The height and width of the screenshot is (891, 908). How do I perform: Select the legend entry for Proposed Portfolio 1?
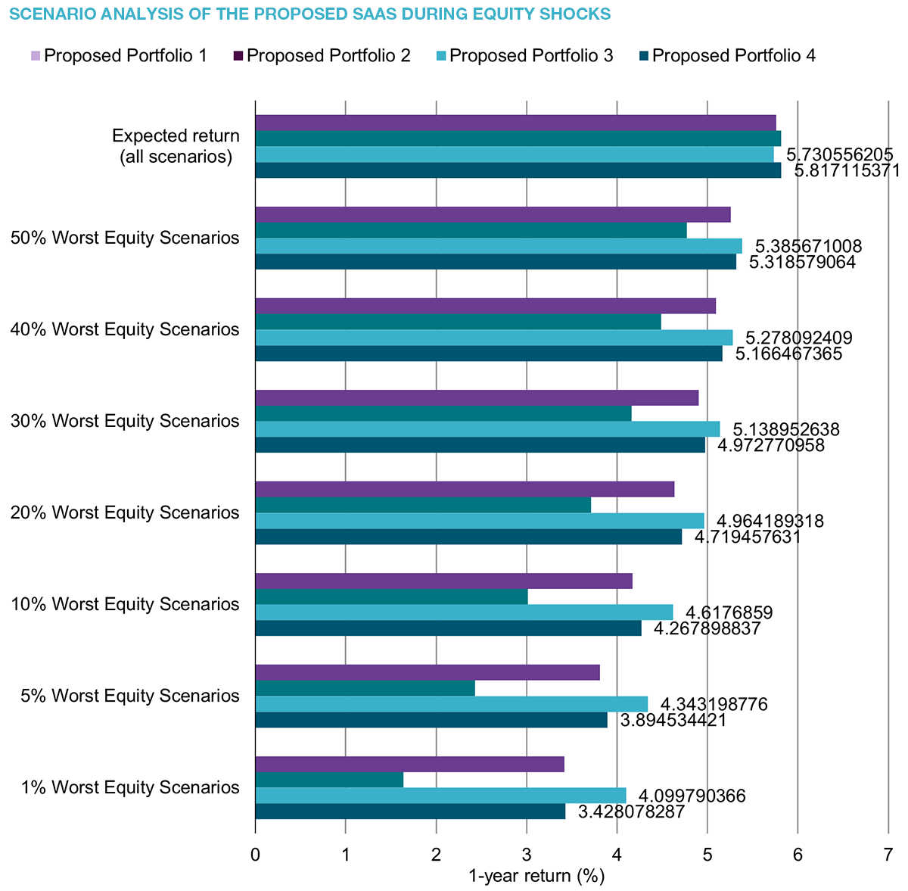tap(120, 56)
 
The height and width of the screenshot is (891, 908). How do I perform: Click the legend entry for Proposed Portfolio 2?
tap(322, 56)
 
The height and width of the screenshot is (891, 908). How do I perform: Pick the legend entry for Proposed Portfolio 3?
tap(524, 56)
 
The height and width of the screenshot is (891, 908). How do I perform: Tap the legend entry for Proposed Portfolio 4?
tap(727, 56)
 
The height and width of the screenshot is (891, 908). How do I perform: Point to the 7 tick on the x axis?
tap(888, 855)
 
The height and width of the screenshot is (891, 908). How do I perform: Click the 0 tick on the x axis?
tap(256, 855)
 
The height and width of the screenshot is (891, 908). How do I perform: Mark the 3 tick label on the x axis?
tap(527, 855)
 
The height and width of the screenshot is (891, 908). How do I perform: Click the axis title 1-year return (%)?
tap(536, 877)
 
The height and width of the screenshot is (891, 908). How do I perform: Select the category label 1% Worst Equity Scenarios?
tap(130, 787)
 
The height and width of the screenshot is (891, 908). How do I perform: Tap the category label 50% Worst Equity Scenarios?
tap(126, 238)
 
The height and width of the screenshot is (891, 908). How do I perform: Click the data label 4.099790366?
tap(692, 796)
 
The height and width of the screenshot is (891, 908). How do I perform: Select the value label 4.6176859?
tap(729, 613)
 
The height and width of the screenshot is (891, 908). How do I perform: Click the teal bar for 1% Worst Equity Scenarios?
tap(329, 780)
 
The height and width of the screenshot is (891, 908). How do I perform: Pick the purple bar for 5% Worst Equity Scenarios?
tap(428, 672)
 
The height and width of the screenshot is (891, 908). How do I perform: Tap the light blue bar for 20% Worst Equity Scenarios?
tap(480, 521)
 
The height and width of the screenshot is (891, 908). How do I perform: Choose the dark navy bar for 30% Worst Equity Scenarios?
tap(480, 445)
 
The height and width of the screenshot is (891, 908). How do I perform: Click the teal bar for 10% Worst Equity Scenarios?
tap(391, 597)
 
